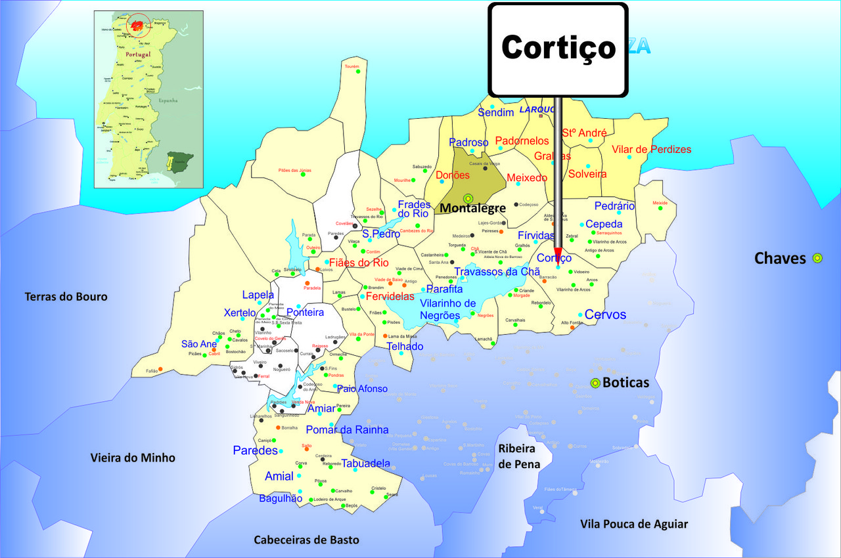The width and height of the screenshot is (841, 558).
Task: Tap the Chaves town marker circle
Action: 817,258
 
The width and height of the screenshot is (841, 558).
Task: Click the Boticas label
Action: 625,383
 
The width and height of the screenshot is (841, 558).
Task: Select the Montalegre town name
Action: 472,208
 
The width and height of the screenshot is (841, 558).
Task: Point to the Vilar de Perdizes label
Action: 651,150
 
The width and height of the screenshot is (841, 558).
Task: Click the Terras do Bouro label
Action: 66,297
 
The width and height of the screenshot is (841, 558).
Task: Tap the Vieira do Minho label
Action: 133,458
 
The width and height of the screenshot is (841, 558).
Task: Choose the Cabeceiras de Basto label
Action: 307,540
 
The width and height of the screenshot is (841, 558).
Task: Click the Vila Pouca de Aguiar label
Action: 634,524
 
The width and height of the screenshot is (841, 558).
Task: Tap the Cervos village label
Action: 605,314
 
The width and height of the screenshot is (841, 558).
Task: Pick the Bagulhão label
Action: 281,498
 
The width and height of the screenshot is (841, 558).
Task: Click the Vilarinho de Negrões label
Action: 447,309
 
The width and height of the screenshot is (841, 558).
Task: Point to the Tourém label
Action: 352,66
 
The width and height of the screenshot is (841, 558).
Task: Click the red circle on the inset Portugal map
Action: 138,25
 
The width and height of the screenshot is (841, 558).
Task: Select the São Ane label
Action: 199,344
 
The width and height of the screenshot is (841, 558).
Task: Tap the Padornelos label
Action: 522,141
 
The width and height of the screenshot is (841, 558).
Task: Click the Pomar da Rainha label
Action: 347,430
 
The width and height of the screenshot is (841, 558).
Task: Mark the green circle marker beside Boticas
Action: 595,383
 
